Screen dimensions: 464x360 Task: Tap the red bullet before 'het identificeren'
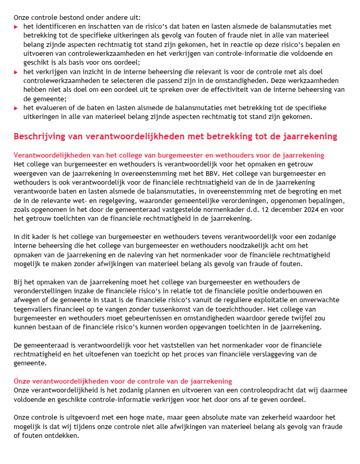point(16,26)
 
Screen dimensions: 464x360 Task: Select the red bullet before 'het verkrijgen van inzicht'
point(16,72)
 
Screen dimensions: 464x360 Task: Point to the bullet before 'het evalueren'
point(16,108)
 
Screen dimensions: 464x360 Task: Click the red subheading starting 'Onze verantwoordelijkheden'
point(123,382)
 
